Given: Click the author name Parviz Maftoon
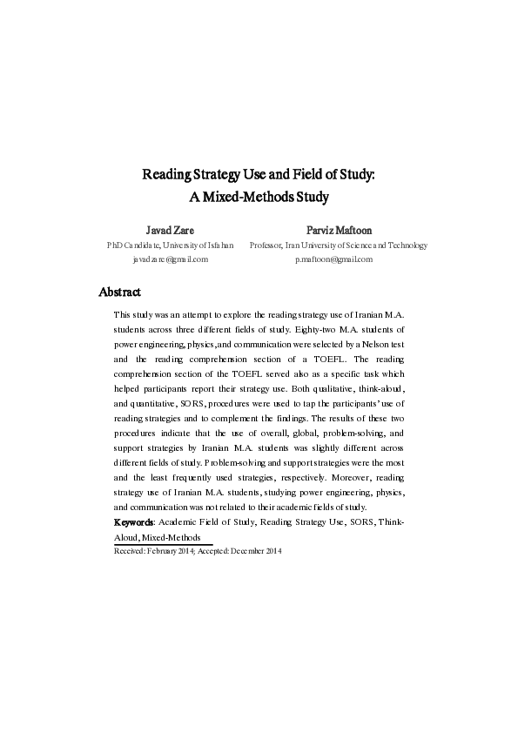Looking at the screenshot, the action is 339,231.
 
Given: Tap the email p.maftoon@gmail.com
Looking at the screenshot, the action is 334,259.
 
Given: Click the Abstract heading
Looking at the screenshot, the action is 120,292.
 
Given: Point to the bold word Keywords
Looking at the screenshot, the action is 134,522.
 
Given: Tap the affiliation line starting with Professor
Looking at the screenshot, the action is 339,245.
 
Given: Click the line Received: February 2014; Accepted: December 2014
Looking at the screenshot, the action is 198,551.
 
